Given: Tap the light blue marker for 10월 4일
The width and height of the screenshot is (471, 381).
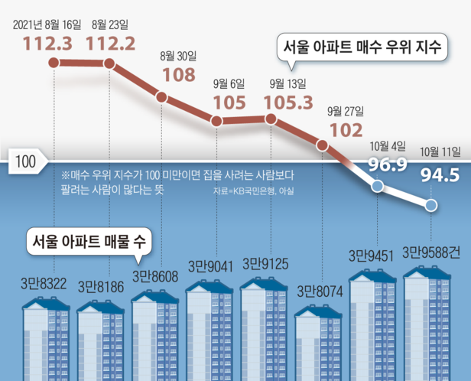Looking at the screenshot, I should pos(377,186).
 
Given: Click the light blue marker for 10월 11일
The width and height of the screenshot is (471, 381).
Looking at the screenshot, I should pos(431,205).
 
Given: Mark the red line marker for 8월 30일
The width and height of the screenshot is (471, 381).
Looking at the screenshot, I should pos(161,96).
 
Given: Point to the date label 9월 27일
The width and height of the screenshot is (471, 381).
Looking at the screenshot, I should pos(343,110).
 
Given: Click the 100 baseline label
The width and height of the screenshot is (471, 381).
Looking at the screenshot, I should pos(26,161).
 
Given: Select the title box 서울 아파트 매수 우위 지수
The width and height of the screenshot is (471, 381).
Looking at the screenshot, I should pos(362,47).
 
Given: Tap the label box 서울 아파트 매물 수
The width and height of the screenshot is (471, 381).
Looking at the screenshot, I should pos(89,241).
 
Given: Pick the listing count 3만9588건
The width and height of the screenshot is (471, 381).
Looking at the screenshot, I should pos(436,253).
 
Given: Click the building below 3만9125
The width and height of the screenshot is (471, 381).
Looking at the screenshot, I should pos(266,321).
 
